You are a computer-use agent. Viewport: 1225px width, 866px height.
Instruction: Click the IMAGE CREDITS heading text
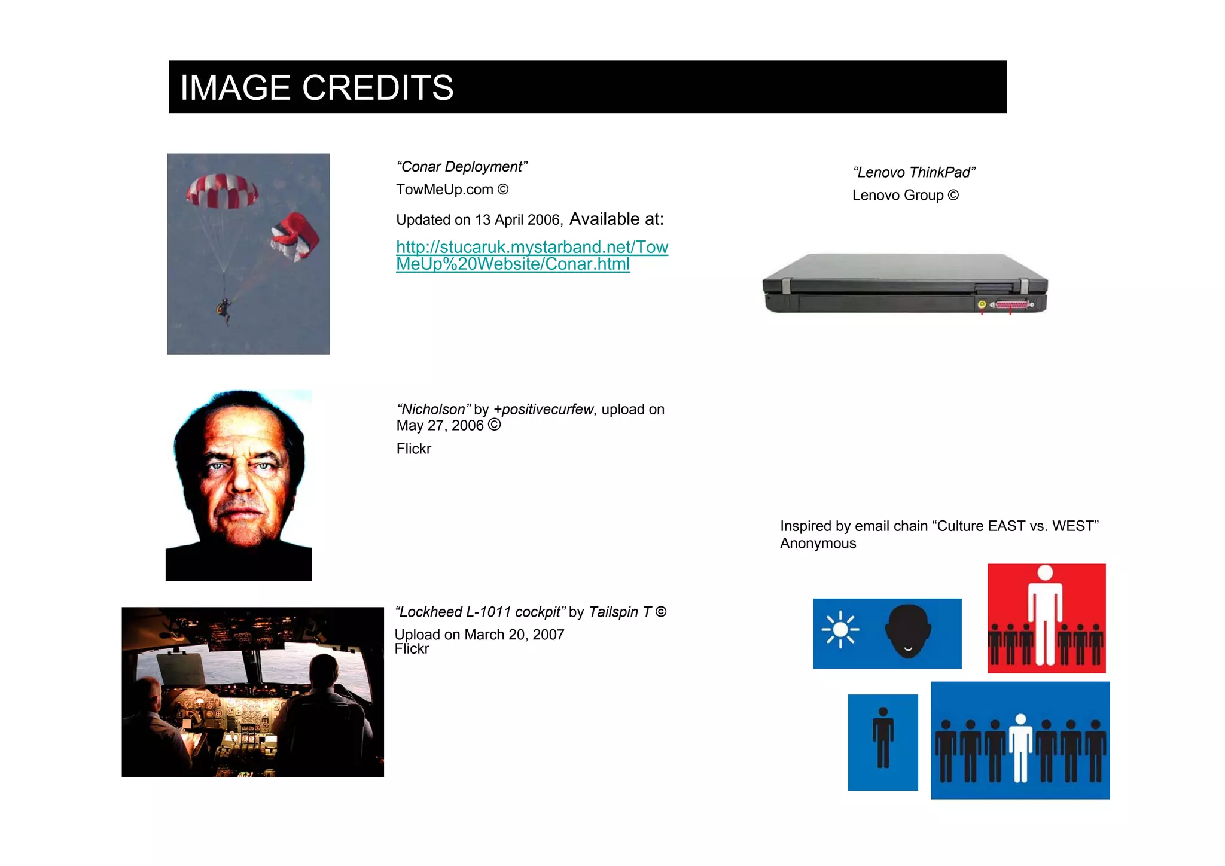pyautogui.click(x=316, y=87)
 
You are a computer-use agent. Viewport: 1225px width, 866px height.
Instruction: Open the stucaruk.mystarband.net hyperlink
pyautogui.click(x=531, y=255)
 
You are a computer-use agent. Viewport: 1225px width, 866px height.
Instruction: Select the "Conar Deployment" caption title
pyautogui.click(x=462, y=167)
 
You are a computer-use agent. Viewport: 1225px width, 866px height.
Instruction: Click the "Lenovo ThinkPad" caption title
pyautogui.click(x=913, y=173)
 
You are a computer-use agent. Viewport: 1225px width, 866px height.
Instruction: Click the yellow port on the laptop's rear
pyautogui.click(x=982, y=305)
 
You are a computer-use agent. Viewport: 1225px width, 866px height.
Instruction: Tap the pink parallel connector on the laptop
pyautogui.click(x=1011, y=305)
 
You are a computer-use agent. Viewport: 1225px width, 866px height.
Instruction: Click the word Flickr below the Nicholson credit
pyautogui.click(x=413, y=449)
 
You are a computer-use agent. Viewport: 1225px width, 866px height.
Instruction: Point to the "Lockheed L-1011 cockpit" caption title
pyautogui.click(x=480, y=612)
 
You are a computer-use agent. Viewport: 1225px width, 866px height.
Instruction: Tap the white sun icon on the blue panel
pyautogui.click(x=840, y=629)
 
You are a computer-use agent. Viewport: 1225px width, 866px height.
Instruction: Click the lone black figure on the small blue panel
pyautogui.click(x=883, y=737)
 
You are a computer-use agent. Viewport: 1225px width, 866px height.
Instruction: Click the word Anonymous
pyautogui.click(x=818, y=544)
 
